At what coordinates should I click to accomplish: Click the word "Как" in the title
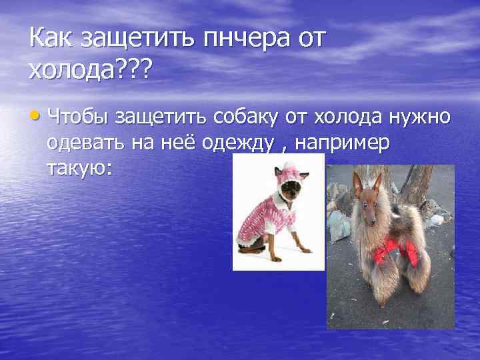(x=51, y=38)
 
